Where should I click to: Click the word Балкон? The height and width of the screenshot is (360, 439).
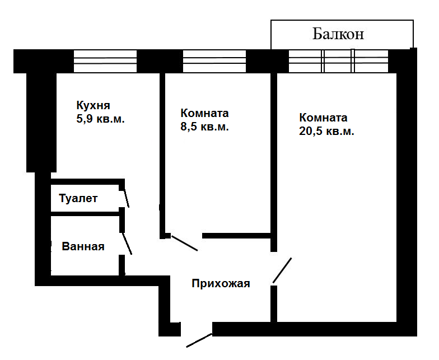point(338,34)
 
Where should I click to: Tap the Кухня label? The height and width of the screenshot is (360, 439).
point(93,105)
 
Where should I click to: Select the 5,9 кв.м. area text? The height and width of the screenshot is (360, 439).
point(100,119)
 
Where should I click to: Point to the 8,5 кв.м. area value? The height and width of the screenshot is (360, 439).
point(204,127)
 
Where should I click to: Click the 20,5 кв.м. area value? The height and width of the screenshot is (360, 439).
point(326,132)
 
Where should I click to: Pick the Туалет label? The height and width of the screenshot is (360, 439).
point(78,198)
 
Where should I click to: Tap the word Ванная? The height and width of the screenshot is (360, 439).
point(83,246)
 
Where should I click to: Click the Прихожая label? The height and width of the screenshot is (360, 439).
point(221,283)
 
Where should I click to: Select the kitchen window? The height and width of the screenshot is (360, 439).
point(105,61)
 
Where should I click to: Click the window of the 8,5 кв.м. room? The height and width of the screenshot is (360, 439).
point(214,61)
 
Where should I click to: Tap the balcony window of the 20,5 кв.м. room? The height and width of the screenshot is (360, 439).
point(338,61)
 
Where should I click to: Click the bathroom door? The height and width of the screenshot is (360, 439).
point(127,244)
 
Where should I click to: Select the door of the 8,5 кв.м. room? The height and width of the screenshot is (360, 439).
point(184,243)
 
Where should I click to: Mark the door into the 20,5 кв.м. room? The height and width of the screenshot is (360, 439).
point(282,270)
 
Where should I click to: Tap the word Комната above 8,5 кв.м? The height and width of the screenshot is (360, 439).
point(204,113)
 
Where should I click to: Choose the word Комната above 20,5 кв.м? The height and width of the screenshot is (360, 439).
point(323,118)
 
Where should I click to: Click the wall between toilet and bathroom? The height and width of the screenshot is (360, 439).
point(85,213)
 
